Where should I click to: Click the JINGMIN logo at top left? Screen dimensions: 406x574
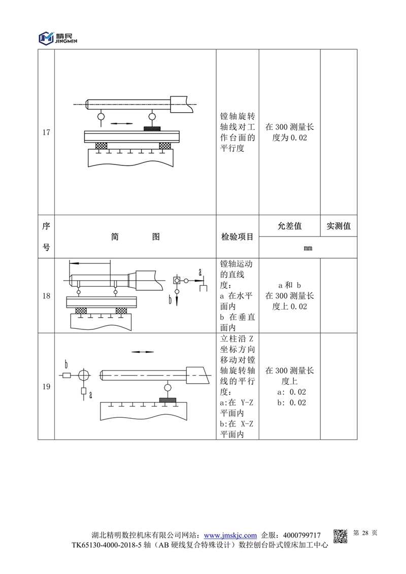58,38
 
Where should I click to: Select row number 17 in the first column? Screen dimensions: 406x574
46,132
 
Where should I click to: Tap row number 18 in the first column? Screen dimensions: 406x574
46,296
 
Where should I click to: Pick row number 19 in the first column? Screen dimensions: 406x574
46,387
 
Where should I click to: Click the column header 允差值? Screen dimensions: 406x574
290,226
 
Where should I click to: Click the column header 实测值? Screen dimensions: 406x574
339,226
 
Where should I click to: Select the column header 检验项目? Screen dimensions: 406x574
237,237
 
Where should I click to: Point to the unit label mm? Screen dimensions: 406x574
308,248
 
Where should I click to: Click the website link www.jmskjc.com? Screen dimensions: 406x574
230,535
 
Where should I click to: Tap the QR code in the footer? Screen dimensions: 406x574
340,536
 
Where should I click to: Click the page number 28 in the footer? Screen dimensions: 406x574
365,533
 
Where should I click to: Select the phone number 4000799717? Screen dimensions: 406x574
301,535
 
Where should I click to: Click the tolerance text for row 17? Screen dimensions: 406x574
290,132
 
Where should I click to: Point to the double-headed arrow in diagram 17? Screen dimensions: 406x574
121,124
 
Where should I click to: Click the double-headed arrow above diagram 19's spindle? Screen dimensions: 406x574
143,352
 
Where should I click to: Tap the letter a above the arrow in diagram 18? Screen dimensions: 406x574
200,272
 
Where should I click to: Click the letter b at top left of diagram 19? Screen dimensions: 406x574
66,364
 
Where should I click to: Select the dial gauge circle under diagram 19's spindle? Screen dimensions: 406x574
167,387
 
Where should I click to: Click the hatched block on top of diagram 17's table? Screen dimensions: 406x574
152,128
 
